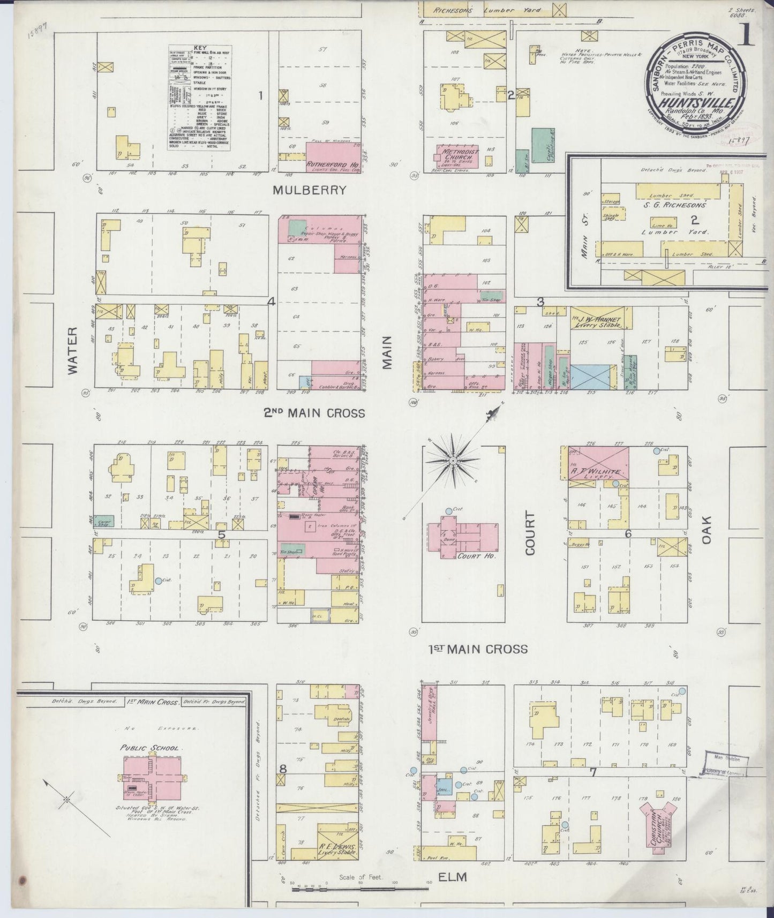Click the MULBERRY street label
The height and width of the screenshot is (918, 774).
(309, 190)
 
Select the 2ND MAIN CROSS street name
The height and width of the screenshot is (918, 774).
(314, 413)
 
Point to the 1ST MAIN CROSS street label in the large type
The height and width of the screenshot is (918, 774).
(478, 649)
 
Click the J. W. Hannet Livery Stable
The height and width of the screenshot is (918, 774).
(600, 318)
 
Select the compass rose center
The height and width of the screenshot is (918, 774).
(453, 460)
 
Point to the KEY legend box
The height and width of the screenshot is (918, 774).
(200, 97)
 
